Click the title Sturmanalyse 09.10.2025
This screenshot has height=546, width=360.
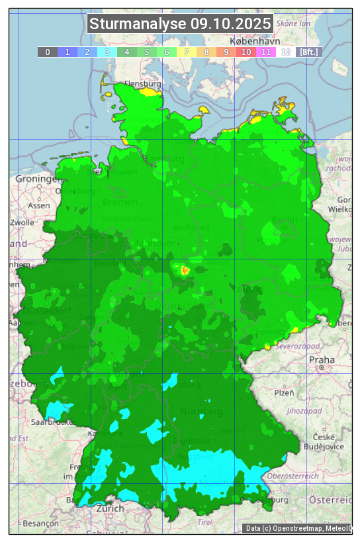tap(180, 24)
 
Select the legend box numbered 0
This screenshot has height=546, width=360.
tap(48, 52)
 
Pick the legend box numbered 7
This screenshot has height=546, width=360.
tap(187, 52)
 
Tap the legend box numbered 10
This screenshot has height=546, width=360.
tap(246, 52)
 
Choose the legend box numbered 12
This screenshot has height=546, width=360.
tap(286, 52)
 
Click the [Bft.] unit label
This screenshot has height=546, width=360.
tap(308, 52)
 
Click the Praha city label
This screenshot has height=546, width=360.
tap(322, 360)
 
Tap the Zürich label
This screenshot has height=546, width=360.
tap(110, 508)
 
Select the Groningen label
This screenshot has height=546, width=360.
tap(37, 179)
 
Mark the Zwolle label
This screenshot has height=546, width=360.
tap(21, 222)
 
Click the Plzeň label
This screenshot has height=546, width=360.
tap(284, 392)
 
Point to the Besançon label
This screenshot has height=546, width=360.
tap(40, 523)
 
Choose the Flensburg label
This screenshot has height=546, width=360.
tap(143, 84)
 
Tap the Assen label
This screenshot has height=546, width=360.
tap(39, 205)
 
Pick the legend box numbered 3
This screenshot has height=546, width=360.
tap(107, 52)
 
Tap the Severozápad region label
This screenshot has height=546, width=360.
tap(298, 346)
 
